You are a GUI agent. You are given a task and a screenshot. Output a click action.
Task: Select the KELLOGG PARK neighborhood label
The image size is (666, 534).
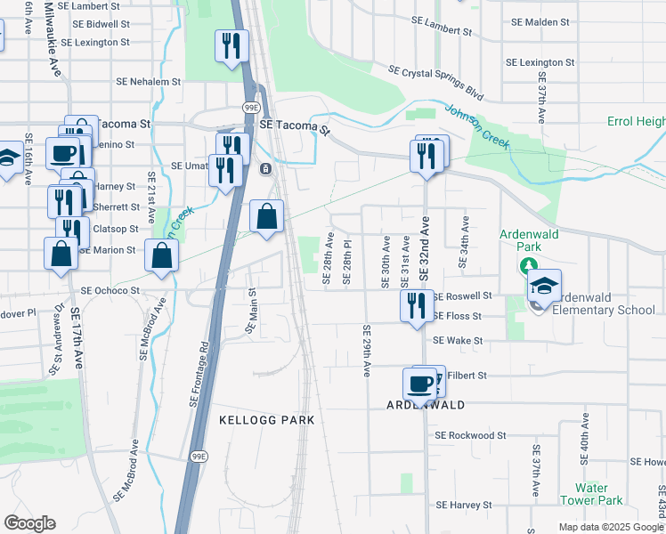(x=267, y=418)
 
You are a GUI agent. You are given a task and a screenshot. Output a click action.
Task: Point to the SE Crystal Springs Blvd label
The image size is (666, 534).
(x=435, y=81)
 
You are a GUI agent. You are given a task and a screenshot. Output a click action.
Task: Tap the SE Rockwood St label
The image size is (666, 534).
(x=470, y=436)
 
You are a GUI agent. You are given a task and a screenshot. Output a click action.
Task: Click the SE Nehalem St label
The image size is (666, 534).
(x=149, y=81)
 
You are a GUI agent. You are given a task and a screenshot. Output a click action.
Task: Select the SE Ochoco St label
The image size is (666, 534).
(x=111, y=290)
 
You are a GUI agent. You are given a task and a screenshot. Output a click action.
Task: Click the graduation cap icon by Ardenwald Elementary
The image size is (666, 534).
(x=543, y=286)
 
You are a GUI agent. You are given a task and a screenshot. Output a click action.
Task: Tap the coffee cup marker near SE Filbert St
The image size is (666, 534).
(x=420, y=384)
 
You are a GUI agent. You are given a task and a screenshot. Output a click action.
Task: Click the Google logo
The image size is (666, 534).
(x=29, y=523)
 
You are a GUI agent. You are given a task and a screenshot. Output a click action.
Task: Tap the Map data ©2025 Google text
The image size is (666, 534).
(x=610, y=527)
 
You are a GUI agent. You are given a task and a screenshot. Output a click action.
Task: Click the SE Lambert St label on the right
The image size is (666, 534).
(x=443, y=25)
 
